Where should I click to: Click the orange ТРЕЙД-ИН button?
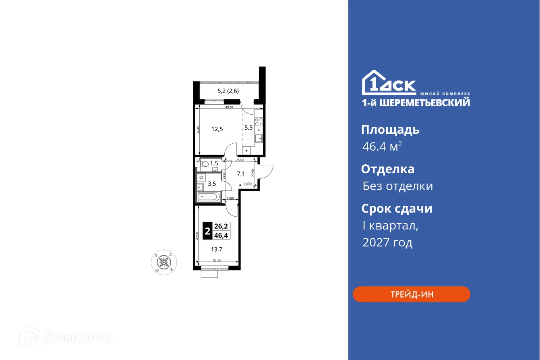[411, 294]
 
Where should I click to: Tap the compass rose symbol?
[163, 262]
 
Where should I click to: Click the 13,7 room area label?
[217, 249]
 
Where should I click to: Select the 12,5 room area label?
[217, 129]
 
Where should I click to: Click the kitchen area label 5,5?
[248, 128]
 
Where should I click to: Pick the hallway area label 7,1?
[241, 174]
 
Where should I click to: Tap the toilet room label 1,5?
[214, 163]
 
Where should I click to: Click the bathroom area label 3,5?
[212, 184]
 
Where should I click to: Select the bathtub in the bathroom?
[208, 197]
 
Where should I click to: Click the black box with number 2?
[207, 232]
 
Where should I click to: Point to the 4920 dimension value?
[229, 108]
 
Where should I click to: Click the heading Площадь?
[390, 130]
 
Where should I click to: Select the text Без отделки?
[397, 186]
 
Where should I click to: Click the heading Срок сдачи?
[397, 209]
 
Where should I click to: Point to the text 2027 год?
[387, 242]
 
